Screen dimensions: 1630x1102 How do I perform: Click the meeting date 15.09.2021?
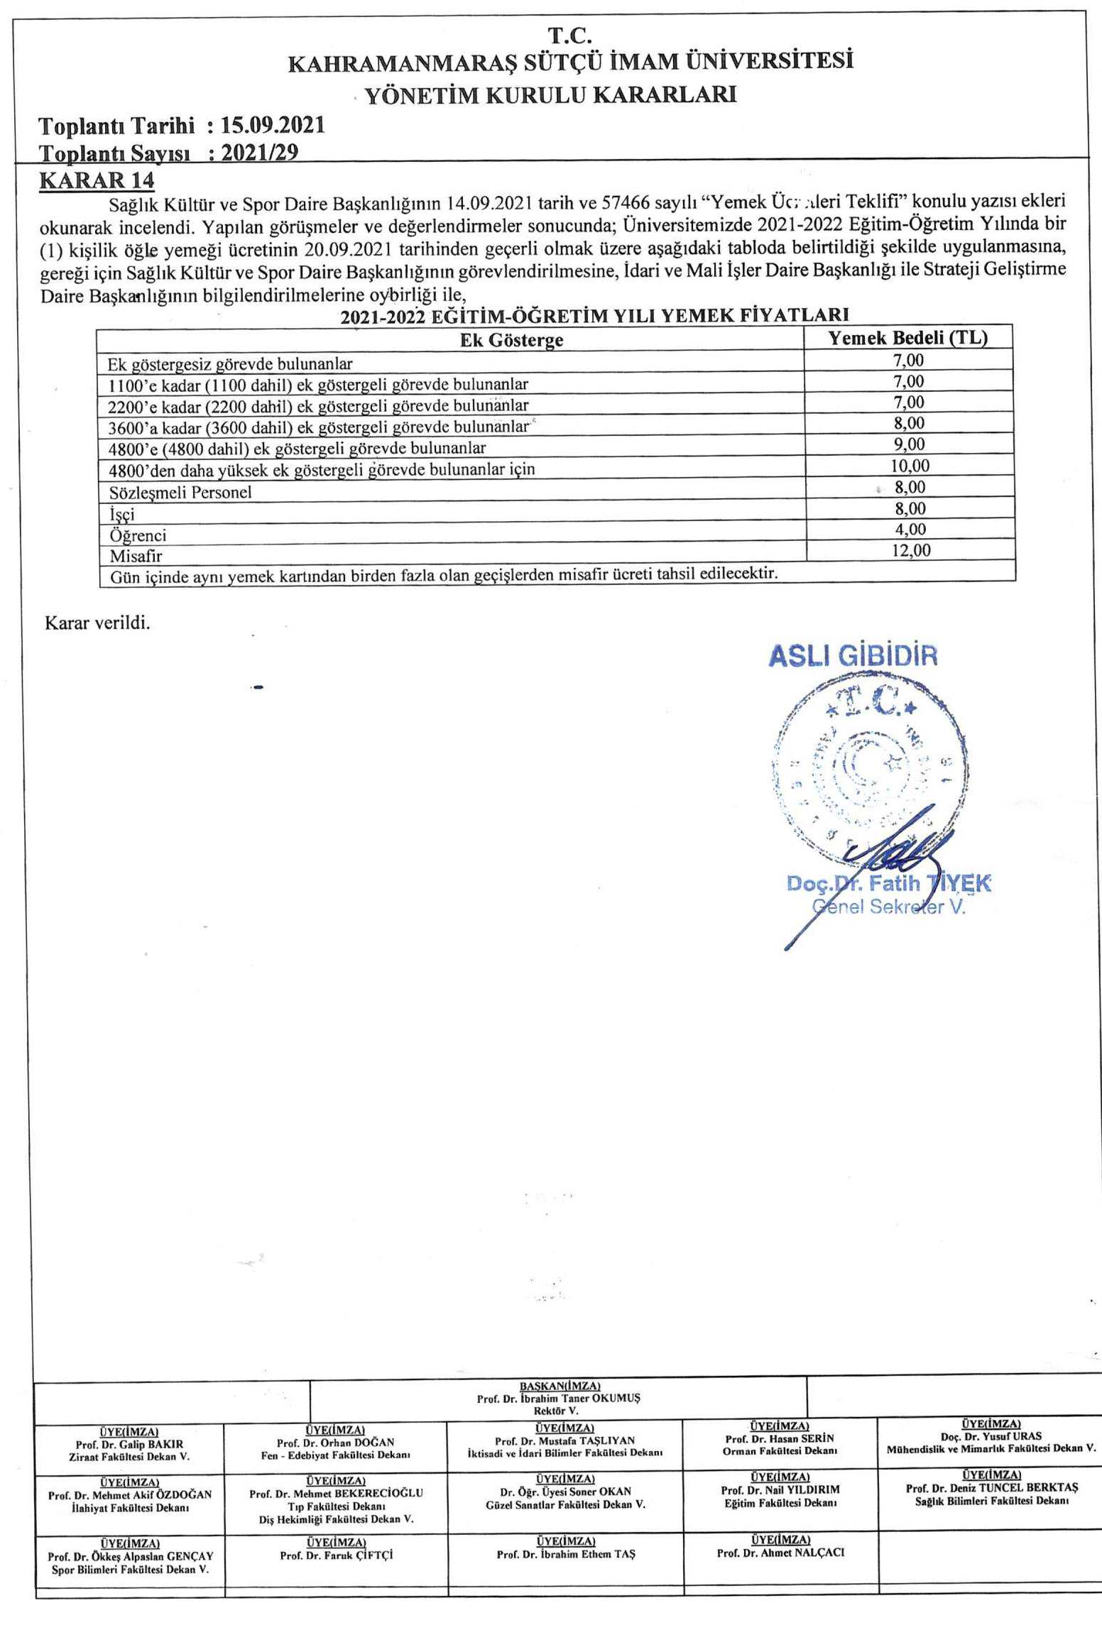click(273, 126)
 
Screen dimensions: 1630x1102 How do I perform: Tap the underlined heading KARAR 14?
click(97, 180)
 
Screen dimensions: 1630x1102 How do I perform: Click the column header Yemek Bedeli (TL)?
click(908, 337)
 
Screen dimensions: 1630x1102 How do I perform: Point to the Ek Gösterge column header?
click(511, 339)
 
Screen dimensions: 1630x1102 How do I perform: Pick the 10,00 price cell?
click(910, 466)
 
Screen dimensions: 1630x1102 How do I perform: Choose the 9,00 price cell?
click(910, 444)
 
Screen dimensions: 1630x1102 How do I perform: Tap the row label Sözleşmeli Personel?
click(180, 492)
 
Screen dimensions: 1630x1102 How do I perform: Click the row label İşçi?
click(121, 514)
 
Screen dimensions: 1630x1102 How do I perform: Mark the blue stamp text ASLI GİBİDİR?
click(853, 656)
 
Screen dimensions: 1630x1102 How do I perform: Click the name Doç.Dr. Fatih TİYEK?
click(888, 884)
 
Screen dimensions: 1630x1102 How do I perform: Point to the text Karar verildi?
click(97, 623)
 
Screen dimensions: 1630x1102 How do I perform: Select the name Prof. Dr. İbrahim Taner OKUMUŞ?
click(558, 1399)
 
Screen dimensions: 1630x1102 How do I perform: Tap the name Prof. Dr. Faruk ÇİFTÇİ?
click(336, 1555)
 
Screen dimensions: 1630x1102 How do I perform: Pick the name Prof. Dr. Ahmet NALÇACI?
click(780, 1553)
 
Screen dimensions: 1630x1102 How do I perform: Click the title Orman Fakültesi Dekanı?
click(780, 1451)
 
